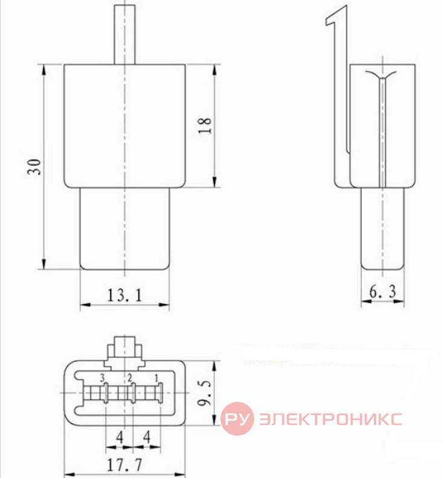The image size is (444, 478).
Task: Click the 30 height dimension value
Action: click(34, 167)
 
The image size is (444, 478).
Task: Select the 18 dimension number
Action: click(204, 125)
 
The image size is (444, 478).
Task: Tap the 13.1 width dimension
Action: click(124, 295)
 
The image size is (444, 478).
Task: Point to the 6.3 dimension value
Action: click(383, 291)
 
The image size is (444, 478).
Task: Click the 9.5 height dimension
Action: click(204, 393)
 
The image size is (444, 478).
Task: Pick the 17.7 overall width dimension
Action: click(124, 465)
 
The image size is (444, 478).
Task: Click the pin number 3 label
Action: click(102, 378)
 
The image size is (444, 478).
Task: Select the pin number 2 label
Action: click(130, 378)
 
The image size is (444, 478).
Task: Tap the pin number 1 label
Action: click(156, 378)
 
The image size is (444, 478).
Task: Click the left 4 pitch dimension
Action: click(120, 437)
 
